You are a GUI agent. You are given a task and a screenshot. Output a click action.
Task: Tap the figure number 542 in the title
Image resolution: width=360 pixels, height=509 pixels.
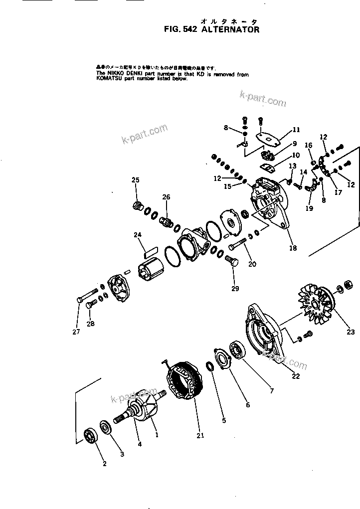(192, 30)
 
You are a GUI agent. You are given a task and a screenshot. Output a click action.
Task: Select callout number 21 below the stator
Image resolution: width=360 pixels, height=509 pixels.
(200, 435)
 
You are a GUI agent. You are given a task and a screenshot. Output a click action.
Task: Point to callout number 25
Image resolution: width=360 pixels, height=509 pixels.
(136, 180)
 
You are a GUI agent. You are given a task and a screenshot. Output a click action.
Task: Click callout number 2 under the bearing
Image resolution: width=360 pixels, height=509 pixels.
(105, 464)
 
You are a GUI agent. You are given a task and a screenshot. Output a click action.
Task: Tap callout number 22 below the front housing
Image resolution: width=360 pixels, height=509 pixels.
(296, 376)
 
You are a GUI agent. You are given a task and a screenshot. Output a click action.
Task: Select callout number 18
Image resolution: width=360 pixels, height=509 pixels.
(293, 248)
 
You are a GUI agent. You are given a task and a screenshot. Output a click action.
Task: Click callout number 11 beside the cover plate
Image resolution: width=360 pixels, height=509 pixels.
(296, 130)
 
